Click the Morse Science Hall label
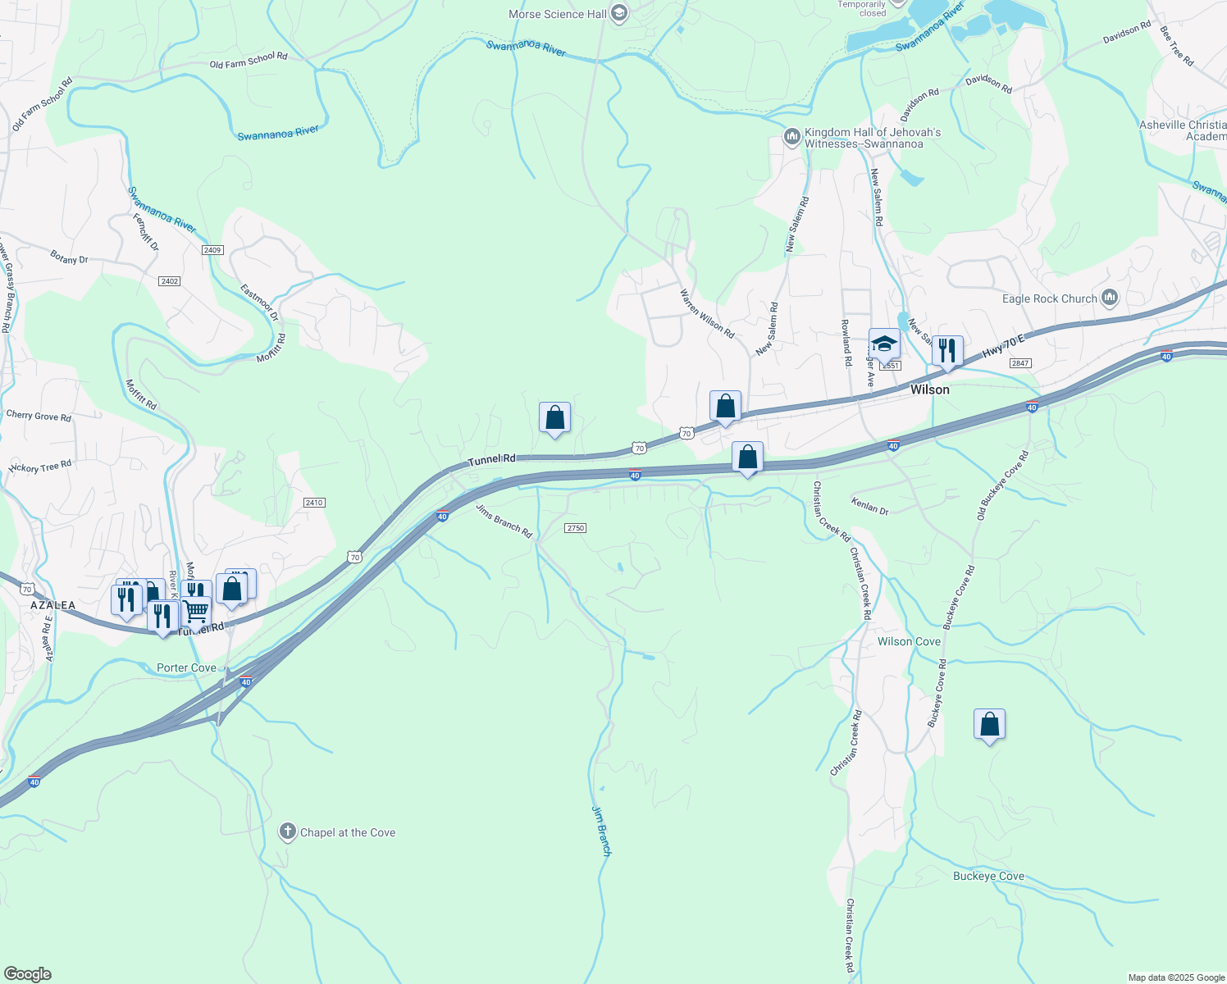(x=558, y=14)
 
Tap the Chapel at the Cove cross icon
(x=287, y=832)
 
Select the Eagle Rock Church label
(x=1049, y=298)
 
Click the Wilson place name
(x=930, y=389)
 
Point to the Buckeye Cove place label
(x=988, y=876)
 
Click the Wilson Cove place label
(x=909, y=641)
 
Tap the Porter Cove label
(x=186, y=667)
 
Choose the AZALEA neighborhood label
(x=53, y=605)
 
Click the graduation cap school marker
(x=884, y=344)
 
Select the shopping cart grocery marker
(x=196, y=611)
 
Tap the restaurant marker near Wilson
(x=947, y=351)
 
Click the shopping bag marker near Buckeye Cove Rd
(x=989, y=725)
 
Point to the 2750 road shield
(x=576, y=528)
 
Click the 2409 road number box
(x=212, y=250)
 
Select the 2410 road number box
(x=314, y=503)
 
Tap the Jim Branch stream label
(x=601, y=831)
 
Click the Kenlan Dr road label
(x=869, y=505)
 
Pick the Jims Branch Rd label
(x=504, y=521)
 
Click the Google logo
(x=27, y=973)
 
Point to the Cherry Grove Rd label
(x=39, y=416)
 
